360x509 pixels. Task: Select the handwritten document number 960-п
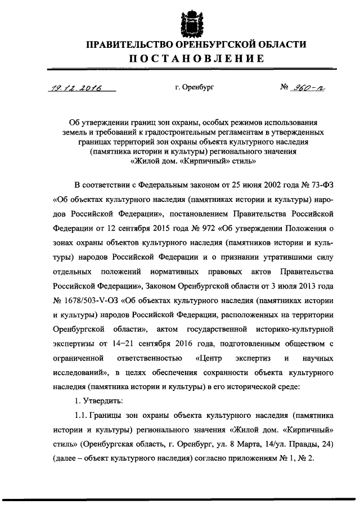coord(306,88)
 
